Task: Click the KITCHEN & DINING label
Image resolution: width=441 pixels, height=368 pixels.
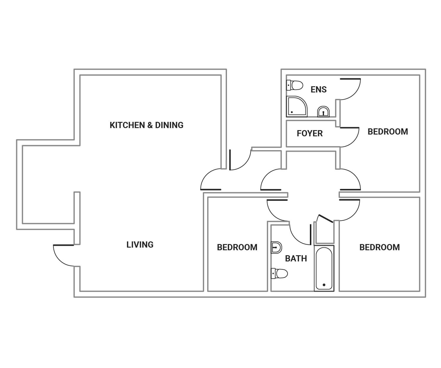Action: [x=146, y=125]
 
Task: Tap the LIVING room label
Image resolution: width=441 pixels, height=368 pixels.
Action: [x=140, y=245]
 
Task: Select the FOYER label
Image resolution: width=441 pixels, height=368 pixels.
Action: [x=310, y=133]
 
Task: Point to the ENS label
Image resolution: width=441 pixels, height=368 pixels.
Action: [x=319, y=89]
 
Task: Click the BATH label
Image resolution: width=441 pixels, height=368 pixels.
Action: [x=296, y=258]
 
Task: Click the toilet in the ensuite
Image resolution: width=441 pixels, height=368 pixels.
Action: [x=295, y=85]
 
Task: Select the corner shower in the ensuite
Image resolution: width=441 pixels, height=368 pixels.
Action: [x=296, y=106]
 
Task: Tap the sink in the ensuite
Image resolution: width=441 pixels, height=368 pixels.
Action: [x=323, y=112]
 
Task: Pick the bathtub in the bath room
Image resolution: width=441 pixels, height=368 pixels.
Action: [x=324, y=268]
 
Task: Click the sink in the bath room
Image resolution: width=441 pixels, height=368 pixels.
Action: [x=276, y=247]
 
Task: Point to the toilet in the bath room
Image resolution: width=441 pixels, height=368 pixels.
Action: [x=279, y=273]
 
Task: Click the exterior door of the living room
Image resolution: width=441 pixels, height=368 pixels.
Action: [x=63, y=255]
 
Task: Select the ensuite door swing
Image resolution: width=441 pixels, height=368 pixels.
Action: [x=350, y=89]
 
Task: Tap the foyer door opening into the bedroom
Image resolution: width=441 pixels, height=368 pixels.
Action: [x=350, y=137]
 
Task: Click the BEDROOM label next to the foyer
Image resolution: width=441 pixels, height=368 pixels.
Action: [x=388, y=132]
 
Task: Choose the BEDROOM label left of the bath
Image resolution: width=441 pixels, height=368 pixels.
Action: [x=237, y=247]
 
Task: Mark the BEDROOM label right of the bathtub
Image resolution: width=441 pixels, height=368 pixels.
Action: [x=380, y=247]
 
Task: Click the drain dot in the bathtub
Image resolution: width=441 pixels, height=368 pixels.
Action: [x=324, y=285]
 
